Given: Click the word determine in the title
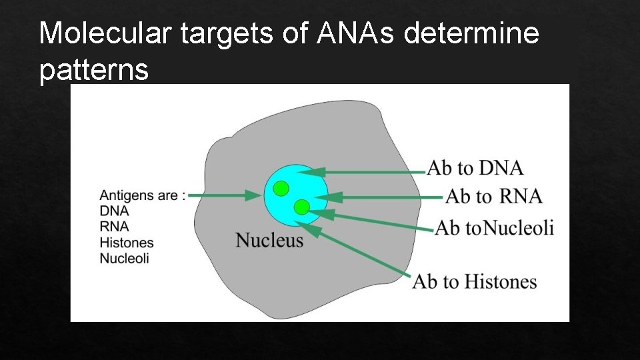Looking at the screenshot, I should pyautogui.click(x=471, y=33).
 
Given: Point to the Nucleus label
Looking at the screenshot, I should pyautogui.click(x=269, y=240).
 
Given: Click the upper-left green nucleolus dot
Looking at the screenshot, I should pyautogui.click(x=281, y=188).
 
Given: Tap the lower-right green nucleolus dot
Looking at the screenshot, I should pyautogui.click(x=302, y=207).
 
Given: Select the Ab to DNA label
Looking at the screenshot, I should pyautogui.click(x=475, y=167).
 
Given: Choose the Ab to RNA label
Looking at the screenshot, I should pyautogui.click(x=493, y=197).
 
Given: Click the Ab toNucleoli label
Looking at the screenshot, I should pyautogui.click(x=495, y=228).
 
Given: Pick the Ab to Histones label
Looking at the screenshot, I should pyautogui.click(x=475, y=281).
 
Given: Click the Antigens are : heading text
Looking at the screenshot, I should pyautogui.click(x=142, y=196).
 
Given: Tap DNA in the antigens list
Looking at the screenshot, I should pyautogui.click(x=114, y=211).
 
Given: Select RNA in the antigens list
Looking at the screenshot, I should pyautogui.click(x=114, y=227).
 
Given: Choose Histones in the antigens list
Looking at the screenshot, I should pyautogui.click(x=127, y=243).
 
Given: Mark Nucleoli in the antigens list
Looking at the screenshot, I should pyautogui.click(x=125, y=258).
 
